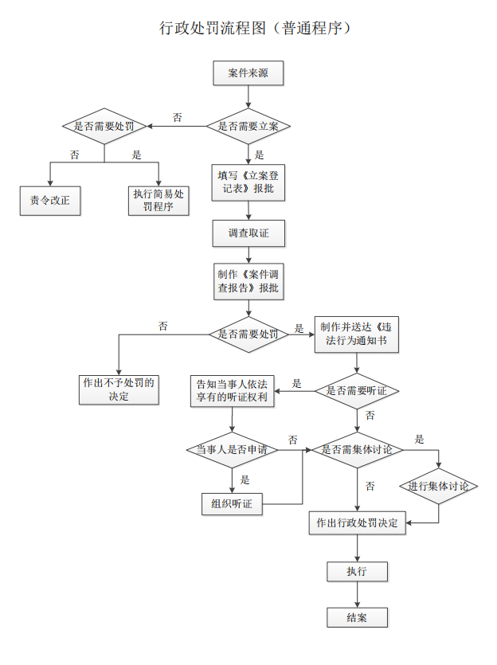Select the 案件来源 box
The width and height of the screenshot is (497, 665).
(248, 73)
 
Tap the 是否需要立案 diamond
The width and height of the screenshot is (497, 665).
(248, 126)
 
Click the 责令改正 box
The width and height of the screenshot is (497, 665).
(50, 200)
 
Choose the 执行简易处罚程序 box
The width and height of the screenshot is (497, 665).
(158, 200)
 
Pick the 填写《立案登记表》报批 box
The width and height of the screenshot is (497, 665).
(248, 182)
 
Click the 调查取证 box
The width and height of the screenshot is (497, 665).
(248, 233)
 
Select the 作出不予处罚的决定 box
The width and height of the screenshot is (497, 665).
(119, 388)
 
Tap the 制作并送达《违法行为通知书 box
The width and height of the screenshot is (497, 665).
(356, 334)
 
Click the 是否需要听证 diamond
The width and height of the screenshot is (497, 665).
(356, 391)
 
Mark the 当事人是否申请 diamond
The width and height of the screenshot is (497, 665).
(233, 450)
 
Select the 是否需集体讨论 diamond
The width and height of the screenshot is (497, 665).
(356, 450)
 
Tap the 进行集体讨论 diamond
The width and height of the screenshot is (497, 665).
(438, 487)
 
